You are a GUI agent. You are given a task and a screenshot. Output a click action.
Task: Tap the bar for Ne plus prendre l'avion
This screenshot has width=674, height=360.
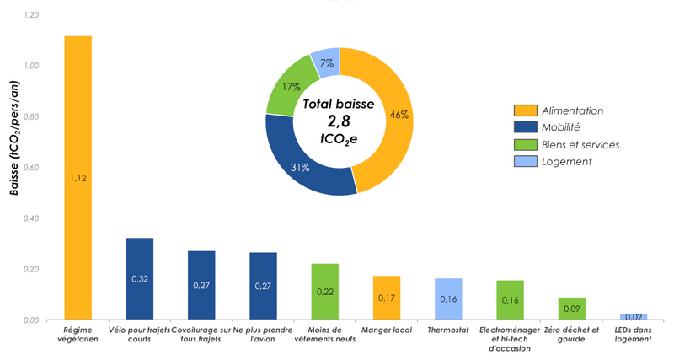pos(263,286)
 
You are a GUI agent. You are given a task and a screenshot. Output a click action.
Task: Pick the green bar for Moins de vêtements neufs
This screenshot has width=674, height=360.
pos(324,292)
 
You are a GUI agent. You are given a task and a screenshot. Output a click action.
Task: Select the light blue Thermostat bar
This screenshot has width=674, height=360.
pos(448,298)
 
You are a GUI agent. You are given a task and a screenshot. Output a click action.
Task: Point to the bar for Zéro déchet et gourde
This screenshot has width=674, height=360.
pos(571,309)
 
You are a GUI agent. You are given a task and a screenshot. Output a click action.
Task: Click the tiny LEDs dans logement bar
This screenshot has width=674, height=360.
pos(633,317)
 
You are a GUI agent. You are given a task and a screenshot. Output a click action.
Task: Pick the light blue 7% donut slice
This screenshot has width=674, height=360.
pos(325,62)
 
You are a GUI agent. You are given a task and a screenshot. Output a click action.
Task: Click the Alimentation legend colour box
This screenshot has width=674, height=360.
pos(525,110)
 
